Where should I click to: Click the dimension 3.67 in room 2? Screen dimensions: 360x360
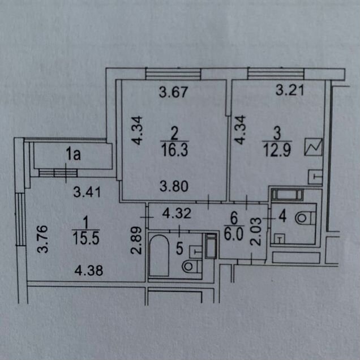coord(174,92)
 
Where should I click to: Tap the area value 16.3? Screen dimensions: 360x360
coord(174,149)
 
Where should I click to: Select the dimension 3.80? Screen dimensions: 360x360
coord(174,186)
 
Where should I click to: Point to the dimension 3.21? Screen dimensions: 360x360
coord(290,90)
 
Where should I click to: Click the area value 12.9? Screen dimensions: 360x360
coord(277,151)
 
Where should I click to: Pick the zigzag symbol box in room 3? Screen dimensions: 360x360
coord(314,147)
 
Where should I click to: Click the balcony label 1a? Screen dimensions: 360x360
coord(73,154)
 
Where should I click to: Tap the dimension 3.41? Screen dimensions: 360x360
coord(87,192)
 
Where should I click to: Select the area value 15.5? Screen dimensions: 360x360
coord(86,238)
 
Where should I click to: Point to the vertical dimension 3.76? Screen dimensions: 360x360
coord(43,239)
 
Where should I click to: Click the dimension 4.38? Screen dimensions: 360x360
coord(89,271)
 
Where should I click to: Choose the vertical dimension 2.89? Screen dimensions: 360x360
coord(136,240)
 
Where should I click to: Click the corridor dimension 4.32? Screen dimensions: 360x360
coord(177,213)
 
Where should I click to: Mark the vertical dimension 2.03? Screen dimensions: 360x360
coord(256,232)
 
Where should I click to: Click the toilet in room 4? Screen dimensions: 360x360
coord(305,218)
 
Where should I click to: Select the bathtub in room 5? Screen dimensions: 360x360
coord(159,255)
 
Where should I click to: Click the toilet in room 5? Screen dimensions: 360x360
coord(192,267)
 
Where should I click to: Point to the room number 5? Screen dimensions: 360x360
coord(179,248)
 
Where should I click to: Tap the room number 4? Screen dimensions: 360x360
coord(282,216)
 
